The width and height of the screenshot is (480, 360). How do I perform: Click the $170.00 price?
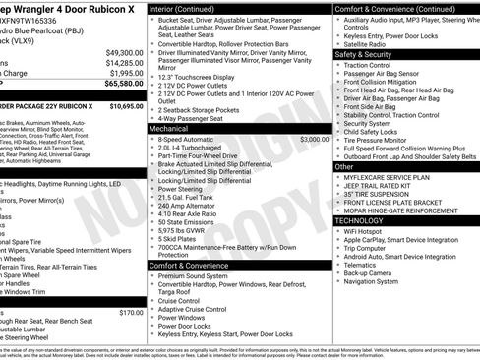click(x=131, y=313)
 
